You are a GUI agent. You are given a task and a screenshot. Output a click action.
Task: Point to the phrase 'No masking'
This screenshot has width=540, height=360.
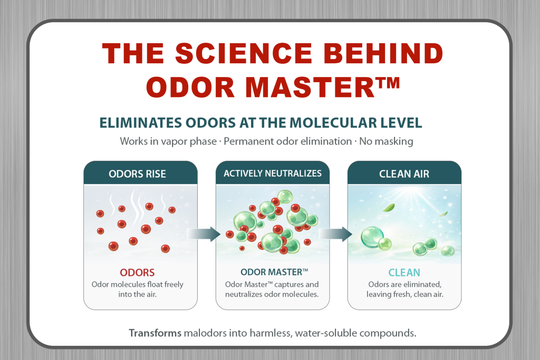[x=386, y=141]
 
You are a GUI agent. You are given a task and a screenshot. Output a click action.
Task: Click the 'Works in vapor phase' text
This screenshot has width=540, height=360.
[x=168, y=141]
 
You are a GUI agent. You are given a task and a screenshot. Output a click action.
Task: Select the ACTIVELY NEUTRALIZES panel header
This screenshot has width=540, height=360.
[x=273, y=173]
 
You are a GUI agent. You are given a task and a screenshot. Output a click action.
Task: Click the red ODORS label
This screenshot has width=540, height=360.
[x=137, y=273]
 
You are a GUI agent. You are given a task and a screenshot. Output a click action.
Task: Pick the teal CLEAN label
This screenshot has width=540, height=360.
[x=404, y=273]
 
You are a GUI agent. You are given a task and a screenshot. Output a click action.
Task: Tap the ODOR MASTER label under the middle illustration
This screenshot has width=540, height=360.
[x=274, y=272]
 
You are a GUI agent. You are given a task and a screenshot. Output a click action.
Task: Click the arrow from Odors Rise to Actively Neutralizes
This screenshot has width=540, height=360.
[x=204, y=234]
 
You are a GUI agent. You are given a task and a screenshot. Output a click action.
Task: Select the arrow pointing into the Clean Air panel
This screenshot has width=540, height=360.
[x=335, y=234]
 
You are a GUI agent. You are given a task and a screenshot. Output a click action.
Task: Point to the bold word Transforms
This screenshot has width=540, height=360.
[x=155, y=333]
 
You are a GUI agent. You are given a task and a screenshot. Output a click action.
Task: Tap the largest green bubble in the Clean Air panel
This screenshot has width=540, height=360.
[x=372, y=238]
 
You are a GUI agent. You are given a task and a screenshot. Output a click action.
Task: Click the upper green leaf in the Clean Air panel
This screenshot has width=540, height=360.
[x=389, y=208]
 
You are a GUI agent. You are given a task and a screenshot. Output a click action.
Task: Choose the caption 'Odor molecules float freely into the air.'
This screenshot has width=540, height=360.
[x=138, y=289]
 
